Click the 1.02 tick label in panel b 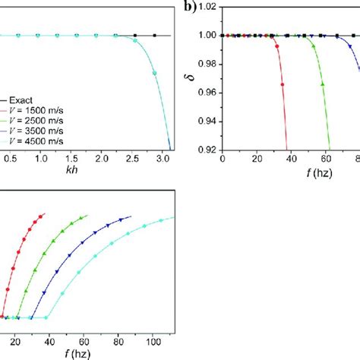pos(207,7)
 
